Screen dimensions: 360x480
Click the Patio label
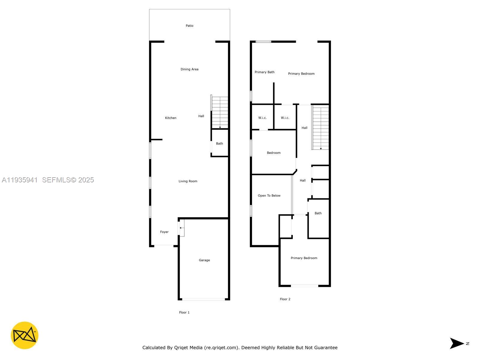coord(189,26)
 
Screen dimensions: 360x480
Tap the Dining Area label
coord(189,69)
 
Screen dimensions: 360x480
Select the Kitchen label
coord(171,118)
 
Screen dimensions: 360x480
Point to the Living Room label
coord(188,181)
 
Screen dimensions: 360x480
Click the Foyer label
coord(164,232)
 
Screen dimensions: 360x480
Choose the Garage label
coord(204,260)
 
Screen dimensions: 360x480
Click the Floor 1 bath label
coord(219,143)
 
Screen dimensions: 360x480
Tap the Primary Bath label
coord(264,72)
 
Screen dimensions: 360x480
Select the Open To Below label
coord(269,196)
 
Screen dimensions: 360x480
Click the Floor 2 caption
coord(285,299)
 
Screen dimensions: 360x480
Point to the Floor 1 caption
coord(184,312)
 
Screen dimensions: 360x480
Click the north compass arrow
coord(457,343)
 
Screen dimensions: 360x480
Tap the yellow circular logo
coord(25,335)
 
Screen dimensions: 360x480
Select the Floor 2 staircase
coord(321,127)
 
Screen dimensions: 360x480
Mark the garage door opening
coord(203,299)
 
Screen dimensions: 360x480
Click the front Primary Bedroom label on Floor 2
coord(304,258)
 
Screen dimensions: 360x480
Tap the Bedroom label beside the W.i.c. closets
coord(274,153)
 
